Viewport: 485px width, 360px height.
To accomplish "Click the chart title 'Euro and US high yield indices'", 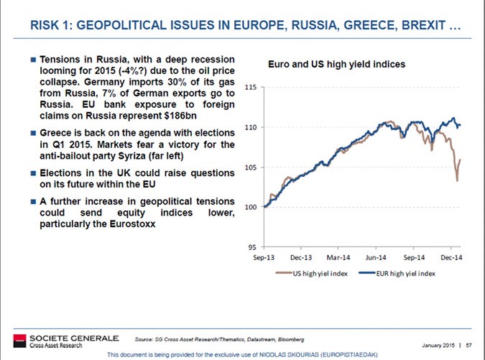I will coord(336,65).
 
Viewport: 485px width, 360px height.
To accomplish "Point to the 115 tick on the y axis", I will coord(251,88).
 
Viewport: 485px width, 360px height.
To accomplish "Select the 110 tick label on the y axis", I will coord(251,128).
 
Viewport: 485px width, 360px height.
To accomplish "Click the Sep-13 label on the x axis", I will coord(264,257).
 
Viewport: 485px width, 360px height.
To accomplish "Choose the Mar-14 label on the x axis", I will coord(338,257).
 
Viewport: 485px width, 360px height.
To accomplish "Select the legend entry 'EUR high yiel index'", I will coord(405,274).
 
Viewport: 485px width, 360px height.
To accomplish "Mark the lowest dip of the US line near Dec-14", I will coord(457,180).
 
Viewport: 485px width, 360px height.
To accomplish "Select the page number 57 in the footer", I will coord(468,343).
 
